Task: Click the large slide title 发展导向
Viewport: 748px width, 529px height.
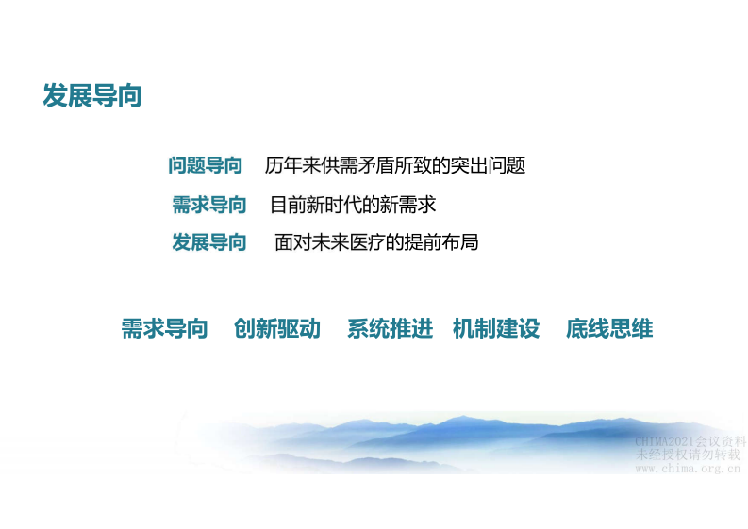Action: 91,96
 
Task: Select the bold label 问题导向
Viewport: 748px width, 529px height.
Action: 205,166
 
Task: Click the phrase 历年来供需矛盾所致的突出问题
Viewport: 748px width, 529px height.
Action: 394,166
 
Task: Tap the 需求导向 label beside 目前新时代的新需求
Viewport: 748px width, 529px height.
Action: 208,205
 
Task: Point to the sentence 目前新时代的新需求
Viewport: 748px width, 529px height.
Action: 353,205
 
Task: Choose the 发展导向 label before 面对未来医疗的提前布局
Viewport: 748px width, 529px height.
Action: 208,242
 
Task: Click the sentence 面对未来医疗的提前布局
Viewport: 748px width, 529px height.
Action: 376,242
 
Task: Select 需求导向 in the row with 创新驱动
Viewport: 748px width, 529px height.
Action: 164,329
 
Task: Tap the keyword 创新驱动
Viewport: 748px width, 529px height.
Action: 277,329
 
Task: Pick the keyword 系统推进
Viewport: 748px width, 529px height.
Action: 390,329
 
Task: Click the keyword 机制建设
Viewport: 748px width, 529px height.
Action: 496,329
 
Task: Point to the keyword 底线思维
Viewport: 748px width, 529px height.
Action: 609,329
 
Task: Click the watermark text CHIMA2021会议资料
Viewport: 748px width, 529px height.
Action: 690,441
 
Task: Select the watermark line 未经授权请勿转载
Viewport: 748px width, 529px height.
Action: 690,455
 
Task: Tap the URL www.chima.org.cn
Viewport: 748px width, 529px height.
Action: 689,468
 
